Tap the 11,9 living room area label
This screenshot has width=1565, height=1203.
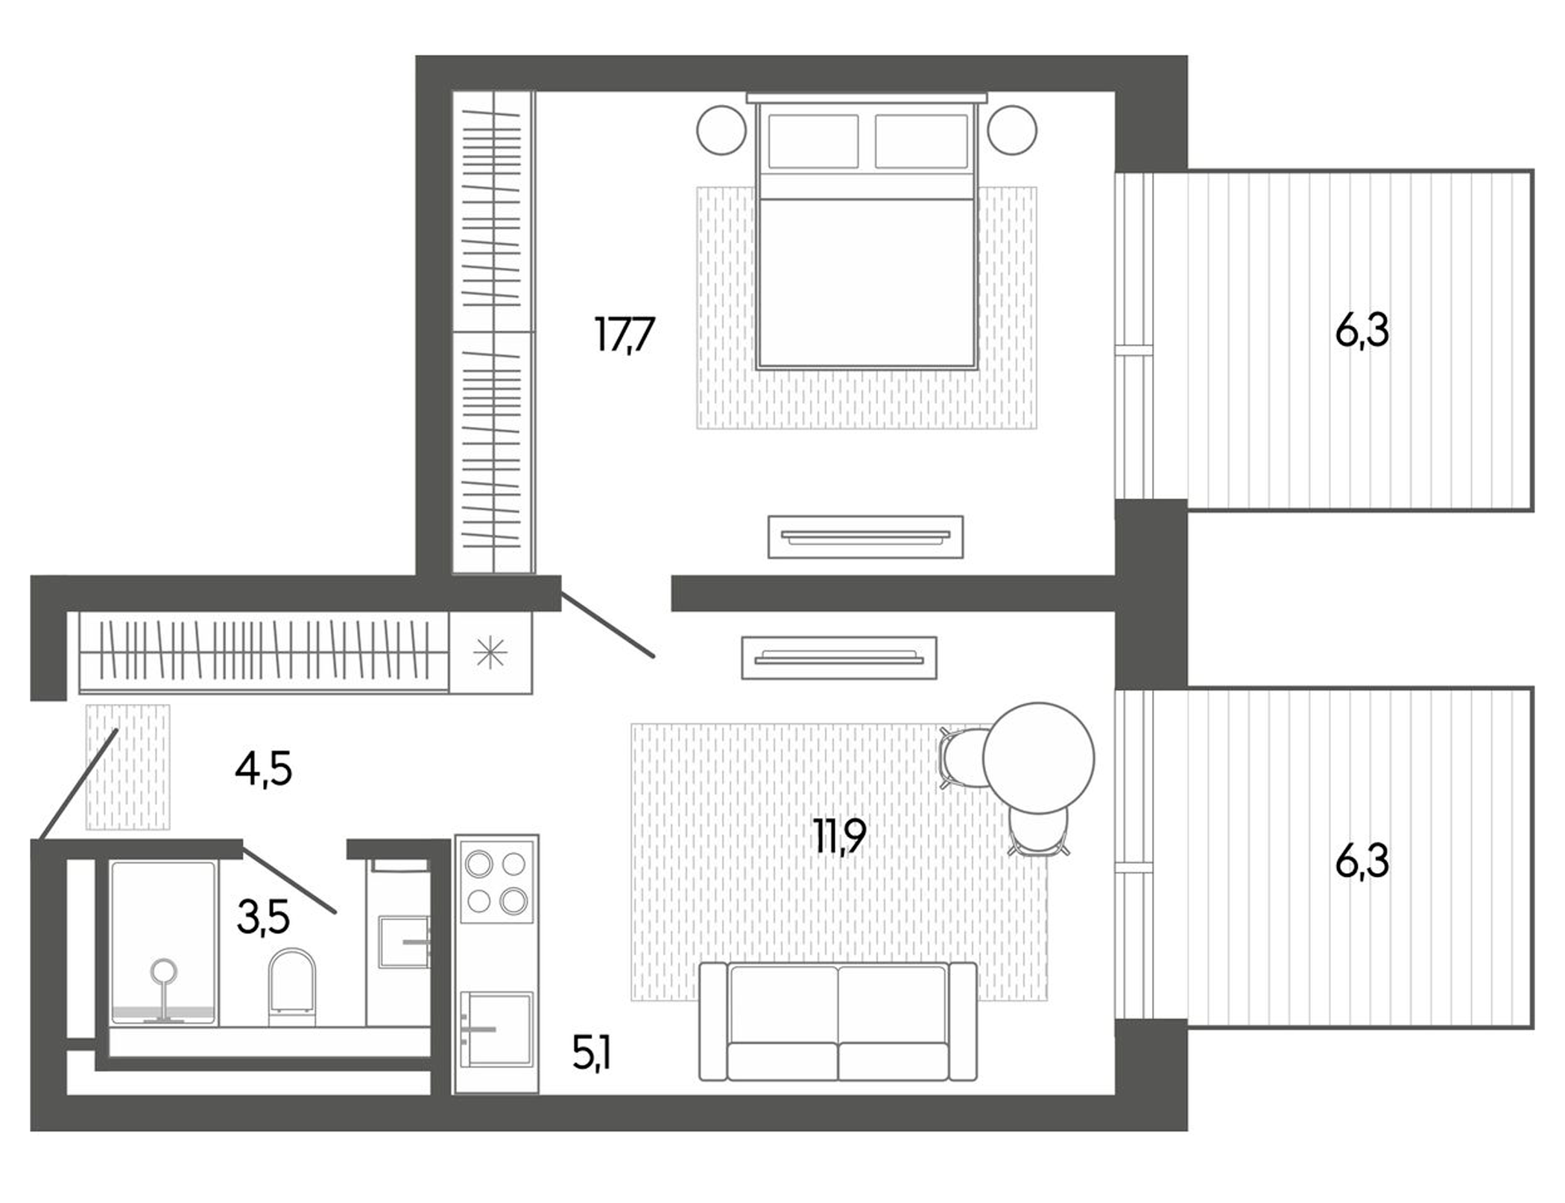point(840,836)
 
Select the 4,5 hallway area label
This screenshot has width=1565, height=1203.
point(263,769)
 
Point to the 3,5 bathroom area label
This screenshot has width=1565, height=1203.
point(263,917)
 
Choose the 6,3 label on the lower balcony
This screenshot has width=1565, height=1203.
point(1362,862)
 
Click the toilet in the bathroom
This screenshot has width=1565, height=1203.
point(292,985)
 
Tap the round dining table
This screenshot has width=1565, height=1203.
point(1038,758)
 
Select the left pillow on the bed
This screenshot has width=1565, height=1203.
point(813,141)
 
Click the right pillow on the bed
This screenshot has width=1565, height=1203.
point(921,141)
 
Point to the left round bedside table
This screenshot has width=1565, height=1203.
point(721,130)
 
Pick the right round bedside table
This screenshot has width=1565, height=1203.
point(1012,130)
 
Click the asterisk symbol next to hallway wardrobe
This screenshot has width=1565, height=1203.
point(490,653)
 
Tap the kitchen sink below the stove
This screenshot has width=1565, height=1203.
point(496,1029)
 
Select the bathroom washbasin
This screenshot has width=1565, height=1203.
point(403,942)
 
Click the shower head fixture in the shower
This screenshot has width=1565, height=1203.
point(164,971)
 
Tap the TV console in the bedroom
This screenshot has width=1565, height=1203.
point(865,536)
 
